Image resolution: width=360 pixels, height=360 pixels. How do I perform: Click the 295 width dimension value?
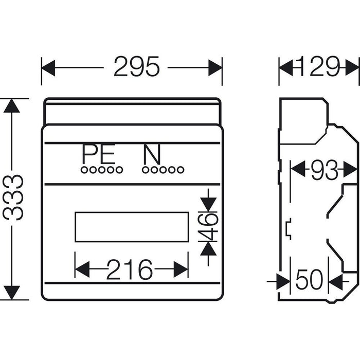coord(136,67)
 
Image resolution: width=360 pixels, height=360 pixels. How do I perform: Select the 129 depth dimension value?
coord(319,67)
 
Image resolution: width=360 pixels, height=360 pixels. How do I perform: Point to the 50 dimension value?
coord(309,280)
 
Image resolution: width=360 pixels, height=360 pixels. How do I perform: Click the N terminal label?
coord(152,154)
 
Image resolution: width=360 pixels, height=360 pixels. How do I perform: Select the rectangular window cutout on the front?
coord(131,227)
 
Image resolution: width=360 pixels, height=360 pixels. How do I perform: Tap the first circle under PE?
coord(84,170)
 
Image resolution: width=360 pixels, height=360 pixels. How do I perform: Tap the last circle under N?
coord(180,170)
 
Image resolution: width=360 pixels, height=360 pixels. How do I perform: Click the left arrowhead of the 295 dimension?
coord(48,67)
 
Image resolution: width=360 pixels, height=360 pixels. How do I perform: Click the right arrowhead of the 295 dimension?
coord(215,67)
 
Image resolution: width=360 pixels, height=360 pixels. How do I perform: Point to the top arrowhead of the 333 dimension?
coord(11,105)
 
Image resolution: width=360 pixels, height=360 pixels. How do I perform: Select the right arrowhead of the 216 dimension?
coord(181,269)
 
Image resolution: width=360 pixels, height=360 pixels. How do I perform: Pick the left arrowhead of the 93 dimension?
coord(298,169)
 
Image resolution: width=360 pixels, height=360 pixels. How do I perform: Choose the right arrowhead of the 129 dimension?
coord(352,67)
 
